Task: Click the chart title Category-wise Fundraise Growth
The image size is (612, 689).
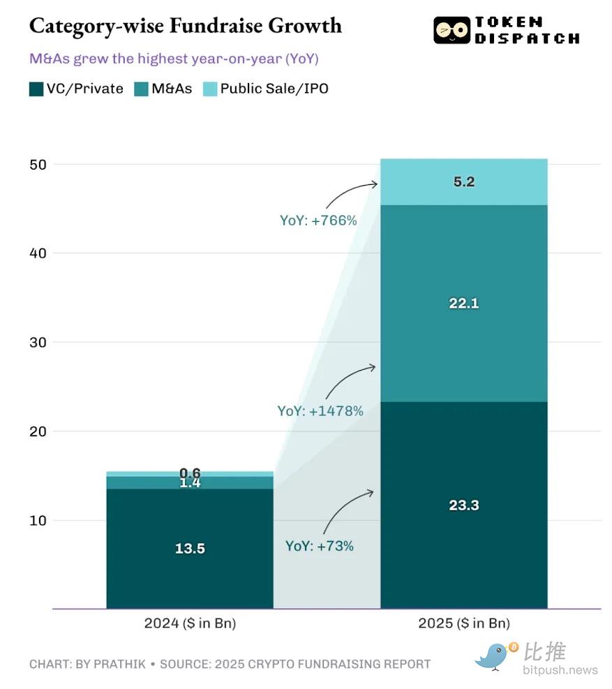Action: point(186,27)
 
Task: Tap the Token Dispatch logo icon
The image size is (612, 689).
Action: point(451,31)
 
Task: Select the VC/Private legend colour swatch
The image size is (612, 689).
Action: point(36,89)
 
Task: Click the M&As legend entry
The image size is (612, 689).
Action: point(163,89)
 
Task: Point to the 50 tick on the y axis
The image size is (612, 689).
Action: point(39,165)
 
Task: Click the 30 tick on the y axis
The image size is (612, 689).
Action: point(39,343)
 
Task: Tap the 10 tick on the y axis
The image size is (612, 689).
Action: point(39,521)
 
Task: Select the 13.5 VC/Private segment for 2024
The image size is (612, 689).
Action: point(189,549)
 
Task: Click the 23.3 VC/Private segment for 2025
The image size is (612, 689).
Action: point(463,505)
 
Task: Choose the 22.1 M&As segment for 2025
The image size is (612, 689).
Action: point(463,304)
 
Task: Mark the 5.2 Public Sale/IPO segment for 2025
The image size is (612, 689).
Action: point(463,182)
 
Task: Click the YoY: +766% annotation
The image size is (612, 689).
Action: point(318,221)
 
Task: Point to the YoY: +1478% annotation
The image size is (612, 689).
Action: point(320,411)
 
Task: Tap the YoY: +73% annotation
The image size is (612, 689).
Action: point(320,546)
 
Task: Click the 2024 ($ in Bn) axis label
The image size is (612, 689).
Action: point(190,623)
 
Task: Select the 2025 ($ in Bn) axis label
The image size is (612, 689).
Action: point(463,623)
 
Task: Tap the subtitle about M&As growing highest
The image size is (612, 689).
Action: point(174,59)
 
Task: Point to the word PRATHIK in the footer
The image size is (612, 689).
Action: point(121,664)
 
